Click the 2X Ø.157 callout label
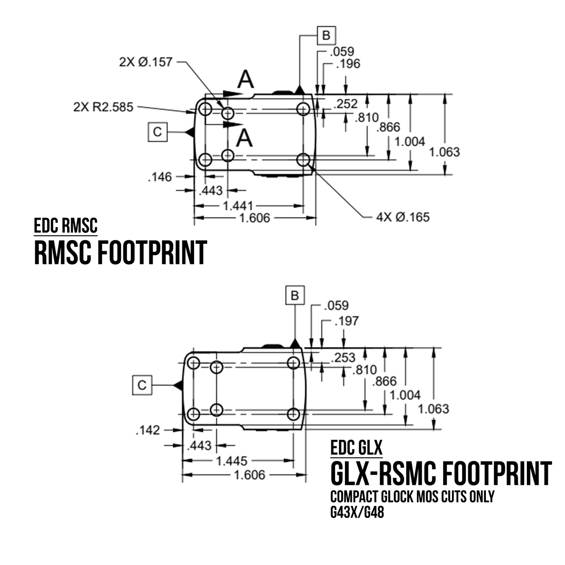(x=145, y=62)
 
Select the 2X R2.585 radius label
(x=103, y=107)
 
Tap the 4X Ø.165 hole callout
(x=403, y=217)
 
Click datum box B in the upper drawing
(x=326, y=35)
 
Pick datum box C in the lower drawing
(x=142, y=385)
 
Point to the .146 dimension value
(x=160, y=177)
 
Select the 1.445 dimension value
(x=231, y=461)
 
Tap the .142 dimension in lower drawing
(x=148, y=430)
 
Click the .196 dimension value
(x=348, y=64)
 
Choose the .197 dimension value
(x=347, y=321)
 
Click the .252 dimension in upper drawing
(x=346, y=104)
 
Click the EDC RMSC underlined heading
(x=66, y=226)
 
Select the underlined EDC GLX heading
(x=356, y=448)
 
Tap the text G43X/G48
(x=357, y=513)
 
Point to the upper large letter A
(x=246, y=80)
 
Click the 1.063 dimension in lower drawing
(x=433, y=409)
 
